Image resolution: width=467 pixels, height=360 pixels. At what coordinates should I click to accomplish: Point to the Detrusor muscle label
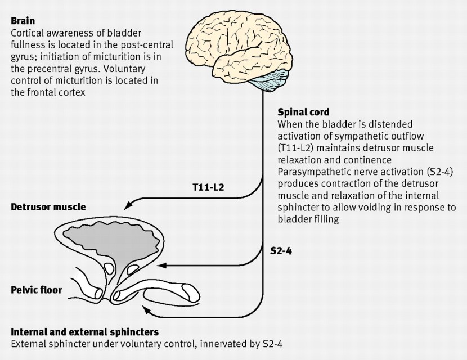pyautogui.click(x=48, y=207)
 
